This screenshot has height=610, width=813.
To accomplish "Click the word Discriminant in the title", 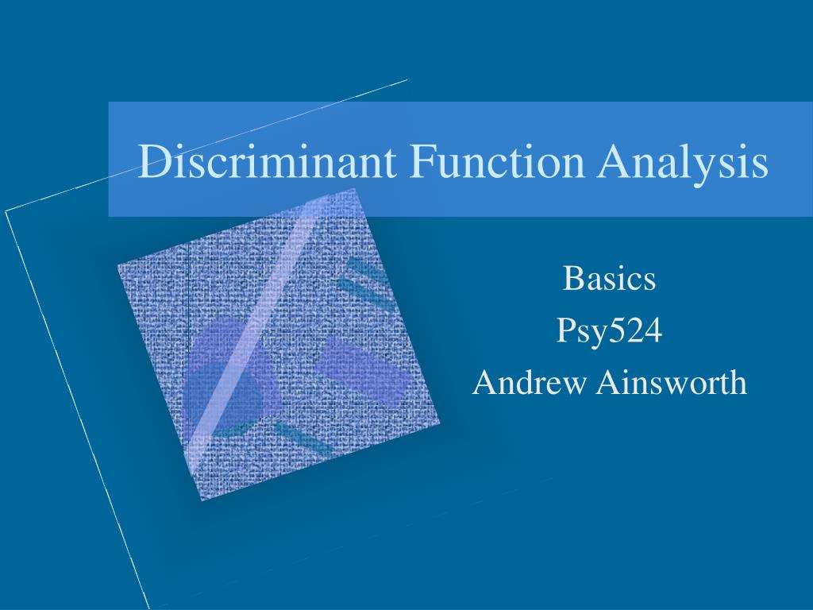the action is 267,160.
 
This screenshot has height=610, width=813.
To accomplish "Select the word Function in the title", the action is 497,160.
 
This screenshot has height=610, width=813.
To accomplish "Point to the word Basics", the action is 609,278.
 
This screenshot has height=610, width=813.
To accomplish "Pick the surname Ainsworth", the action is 672,383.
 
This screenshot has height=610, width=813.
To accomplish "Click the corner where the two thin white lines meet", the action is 6,211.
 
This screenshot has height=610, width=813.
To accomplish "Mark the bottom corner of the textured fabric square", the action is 201,500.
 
